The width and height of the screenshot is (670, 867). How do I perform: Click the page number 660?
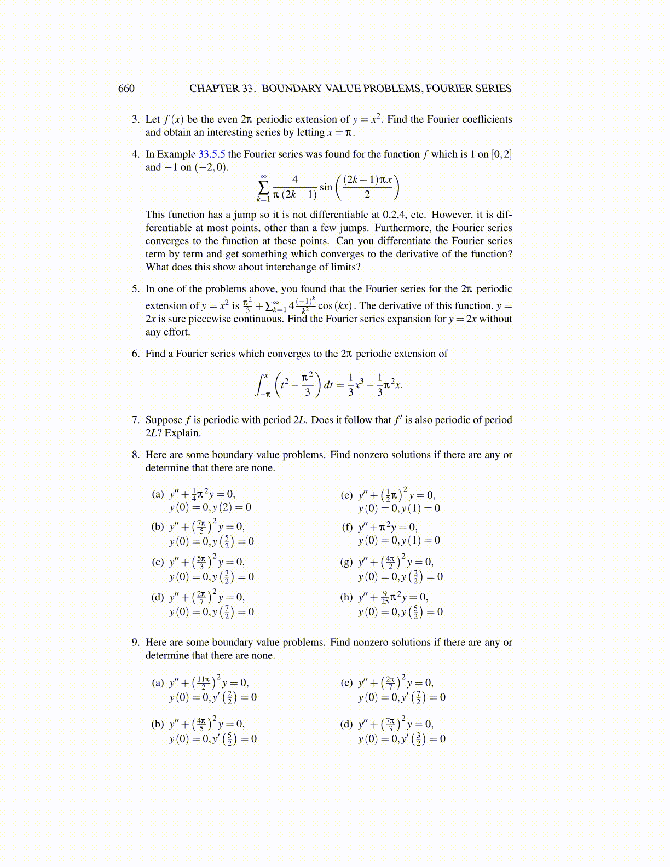click(126, 89)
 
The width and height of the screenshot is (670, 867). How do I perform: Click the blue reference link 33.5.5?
click(211, 154)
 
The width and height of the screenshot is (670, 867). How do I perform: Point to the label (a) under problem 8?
click(158, 494)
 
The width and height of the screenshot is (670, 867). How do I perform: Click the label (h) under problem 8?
click(346, 597)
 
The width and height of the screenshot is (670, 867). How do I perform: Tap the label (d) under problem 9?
click(346, 725)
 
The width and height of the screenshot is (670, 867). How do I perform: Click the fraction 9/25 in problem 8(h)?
click(385, 597)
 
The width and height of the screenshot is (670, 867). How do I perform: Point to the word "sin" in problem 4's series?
click(326, 187)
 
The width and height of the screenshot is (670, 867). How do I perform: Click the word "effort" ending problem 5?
click(176, 332)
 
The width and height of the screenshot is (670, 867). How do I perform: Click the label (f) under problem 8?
click(347, 527)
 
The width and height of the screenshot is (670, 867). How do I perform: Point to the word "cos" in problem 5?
click(325, 306)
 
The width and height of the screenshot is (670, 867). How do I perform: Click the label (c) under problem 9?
click(346, 683)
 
